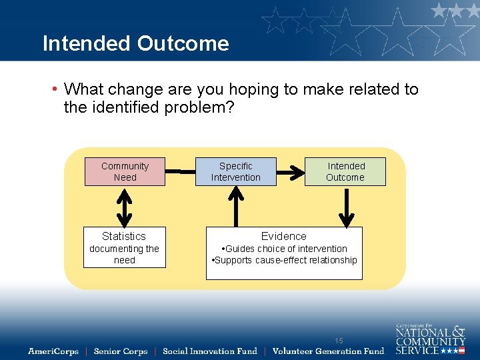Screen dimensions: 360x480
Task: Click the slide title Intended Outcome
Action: tap(135, 43)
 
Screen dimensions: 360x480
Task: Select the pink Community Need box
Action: tap(125, 171)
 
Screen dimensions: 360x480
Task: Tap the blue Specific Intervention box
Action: tap(235, 171)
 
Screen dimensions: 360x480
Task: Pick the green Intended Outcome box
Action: tap(345, 171)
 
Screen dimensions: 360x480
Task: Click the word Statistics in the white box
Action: tap(124, 236)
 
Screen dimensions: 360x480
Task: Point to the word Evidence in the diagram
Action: tap(284, 236)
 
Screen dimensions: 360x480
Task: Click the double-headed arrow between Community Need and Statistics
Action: tap(124, 207)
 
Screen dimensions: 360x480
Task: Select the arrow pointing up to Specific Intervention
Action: tap(236, 206)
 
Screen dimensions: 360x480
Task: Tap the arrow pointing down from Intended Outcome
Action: tap(346, 207)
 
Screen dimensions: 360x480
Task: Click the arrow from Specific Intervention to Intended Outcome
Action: tap(290, 172)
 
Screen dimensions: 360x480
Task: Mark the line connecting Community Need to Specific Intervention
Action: tap(180, 172)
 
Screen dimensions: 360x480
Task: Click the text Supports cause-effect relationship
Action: tap(285, 260)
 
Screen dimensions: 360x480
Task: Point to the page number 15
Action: tap(339, 341)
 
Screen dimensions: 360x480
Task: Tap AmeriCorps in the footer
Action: tap(53, 351)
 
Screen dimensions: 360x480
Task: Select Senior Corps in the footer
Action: tap(121, 351)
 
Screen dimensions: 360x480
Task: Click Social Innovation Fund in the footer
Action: tap(209, 351)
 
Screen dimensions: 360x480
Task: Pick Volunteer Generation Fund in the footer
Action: tap(328, 351)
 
